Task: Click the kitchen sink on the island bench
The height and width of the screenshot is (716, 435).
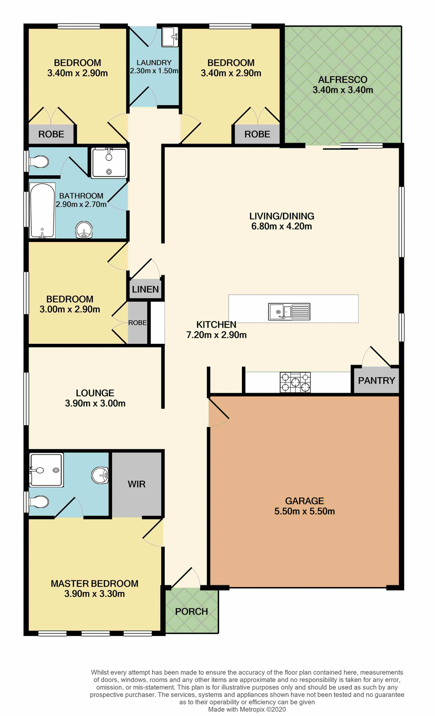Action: click(x=289, y=311)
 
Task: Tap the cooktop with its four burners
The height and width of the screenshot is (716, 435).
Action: click(x=295, y=382)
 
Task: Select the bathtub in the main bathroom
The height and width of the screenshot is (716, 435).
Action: click(x=42, y=210)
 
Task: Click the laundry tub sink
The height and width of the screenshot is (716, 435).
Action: click(x=170, y=37)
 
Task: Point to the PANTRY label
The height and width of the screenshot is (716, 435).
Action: click(x=376, y=380)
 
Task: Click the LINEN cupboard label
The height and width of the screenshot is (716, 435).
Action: click(x=145, y=289)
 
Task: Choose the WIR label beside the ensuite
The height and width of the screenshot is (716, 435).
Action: click(x=136, y=484)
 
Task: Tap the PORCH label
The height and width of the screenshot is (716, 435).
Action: click(x=191, y=611)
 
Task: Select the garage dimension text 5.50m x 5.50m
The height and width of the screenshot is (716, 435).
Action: click(x=304, y=511)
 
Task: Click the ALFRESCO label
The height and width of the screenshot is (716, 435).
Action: click(x=343, y=79)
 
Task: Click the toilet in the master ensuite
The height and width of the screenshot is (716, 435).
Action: click(x=39, y=502)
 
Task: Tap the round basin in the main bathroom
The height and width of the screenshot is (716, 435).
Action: click(x=84, y=230)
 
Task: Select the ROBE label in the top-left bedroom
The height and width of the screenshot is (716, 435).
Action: click(x=51, y=134)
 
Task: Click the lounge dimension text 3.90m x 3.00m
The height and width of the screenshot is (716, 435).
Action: click(x=95, y=403)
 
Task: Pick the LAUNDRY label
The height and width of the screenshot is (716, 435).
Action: click(x=154, y=63)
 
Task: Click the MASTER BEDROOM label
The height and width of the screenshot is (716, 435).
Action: click(x=94, y=584)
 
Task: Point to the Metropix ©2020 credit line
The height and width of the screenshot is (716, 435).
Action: click(x=247, y=709)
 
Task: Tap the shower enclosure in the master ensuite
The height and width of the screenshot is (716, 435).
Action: click(x=46, y=470)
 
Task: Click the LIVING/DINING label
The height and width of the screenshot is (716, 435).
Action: click(x=281, y=216)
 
